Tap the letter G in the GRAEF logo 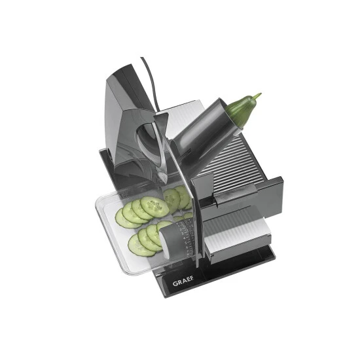(175, 284)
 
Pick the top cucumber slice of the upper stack (154, 207)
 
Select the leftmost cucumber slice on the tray (124, 219)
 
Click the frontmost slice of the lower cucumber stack (141, 245)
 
